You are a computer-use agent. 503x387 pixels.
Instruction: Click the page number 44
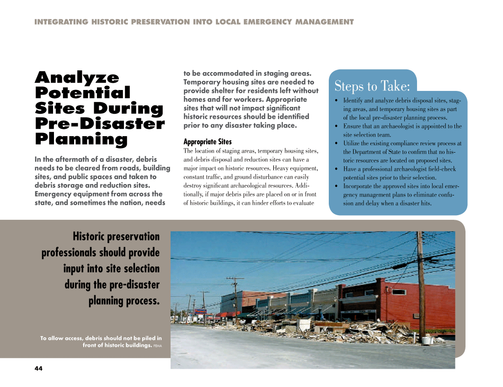point(38,369)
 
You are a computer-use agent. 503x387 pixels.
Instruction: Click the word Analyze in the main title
point(77,77)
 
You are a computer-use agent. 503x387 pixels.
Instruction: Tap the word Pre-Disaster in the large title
point(100,124)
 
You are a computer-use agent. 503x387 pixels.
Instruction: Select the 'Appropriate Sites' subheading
point(207,142)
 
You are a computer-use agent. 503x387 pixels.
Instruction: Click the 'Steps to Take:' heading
point(372,86)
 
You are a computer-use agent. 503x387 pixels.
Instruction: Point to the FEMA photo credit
point(157,346)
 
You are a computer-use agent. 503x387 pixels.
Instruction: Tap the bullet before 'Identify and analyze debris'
point(337,101)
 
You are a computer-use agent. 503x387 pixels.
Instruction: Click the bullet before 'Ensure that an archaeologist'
point(337,126)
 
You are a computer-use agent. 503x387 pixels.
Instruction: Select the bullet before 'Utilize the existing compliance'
point(337,143)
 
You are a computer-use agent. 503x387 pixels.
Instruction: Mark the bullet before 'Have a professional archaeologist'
point(337,169)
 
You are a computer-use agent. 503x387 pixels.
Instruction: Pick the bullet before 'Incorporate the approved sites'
point(337,186)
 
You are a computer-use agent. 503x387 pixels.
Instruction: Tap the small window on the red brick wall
point(399,292)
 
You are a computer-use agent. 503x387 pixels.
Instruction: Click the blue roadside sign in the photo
point(200,312)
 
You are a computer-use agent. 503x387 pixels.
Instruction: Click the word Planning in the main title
point(81,139)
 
